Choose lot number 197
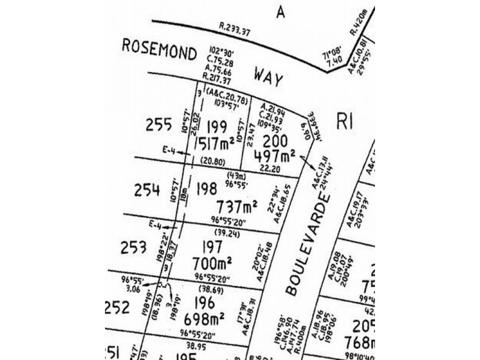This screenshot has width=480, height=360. pos(214,246)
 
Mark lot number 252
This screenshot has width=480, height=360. pos(117,307)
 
